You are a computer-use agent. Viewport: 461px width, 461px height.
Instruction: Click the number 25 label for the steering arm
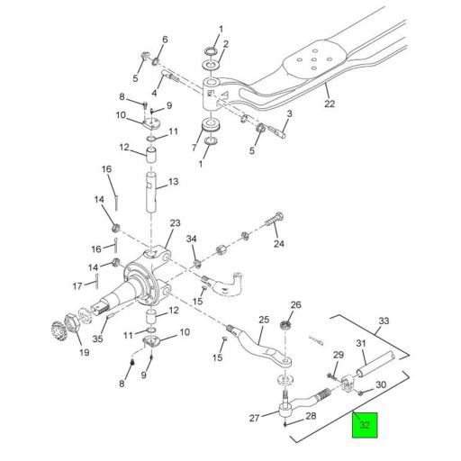click(x=264, y=320)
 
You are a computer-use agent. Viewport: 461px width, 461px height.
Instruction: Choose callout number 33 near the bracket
click(x=383, y=321)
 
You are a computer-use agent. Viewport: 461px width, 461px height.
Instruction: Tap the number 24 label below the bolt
click(x=278, y=244)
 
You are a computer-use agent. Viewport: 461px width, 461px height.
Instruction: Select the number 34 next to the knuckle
click(x=191, y=239)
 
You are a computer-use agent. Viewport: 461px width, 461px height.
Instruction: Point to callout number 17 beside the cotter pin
click(x=77, y=286)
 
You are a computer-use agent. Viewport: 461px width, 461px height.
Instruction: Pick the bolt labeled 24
click(x=270, y=220)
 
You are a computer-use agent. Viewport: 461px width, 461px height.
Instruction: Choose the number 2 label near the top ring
click(x=225, y=44)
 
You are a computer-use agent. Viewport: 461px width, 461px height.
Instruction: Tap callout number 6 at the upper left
click(x=164, y=40)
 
